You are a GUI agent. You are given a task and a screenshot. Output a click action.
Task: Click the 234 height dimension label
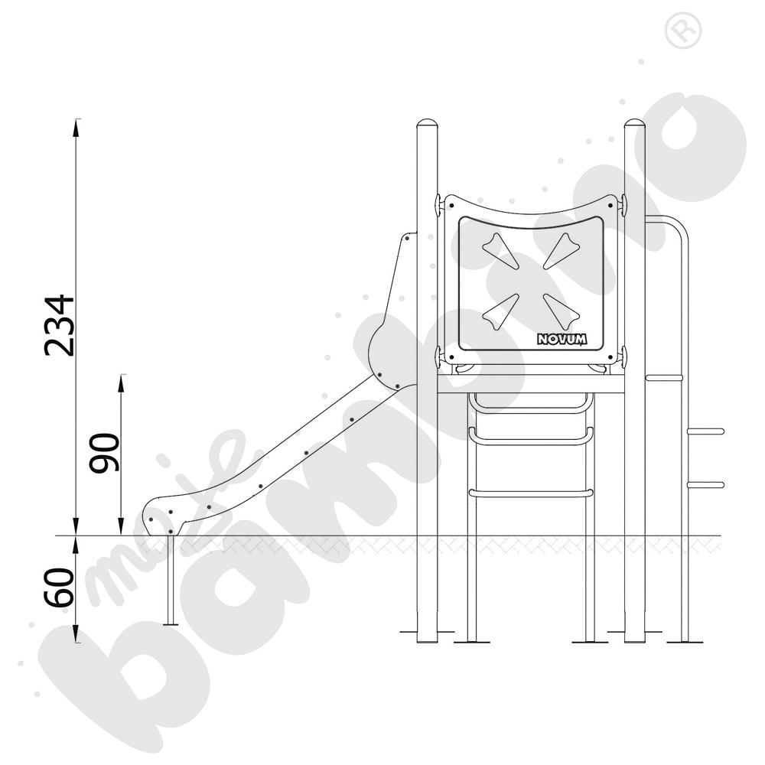(60, 325)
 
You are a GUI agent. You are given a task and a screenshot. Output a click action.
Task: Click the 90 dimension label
(104, 453)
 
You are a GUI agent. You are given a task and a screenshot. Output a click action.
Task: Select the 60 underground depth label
(59, 588)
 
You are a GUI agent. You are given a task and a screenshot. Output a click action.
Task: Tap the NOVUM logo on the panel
(562, 339)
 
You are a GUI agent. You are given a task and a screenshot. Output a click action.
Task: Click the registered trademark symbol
(683, 31)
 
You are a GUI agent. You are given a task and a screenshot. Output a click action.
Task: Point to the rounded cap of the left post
(428, 123)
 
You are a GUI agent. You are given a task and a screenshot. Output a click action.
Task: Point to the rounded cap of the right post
(635, 123)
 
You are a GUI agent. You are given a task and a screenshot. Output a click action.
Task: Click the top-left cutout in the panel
(500, 250)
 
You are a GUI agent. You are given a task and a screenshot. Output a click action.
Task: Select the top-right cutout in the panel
(562, 250)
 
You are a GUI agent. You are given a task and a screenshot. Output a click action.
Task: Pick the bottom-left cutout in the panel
(500, 311)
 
